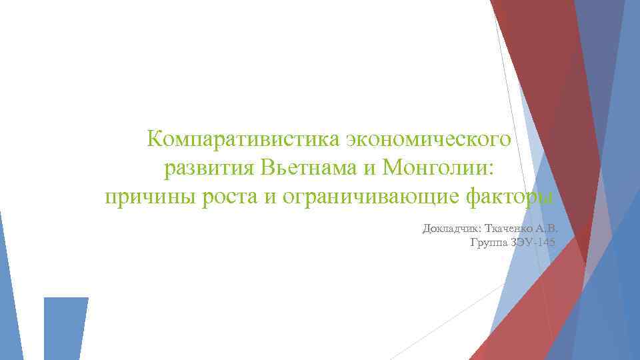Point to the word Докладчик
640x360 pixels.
click(454, 229)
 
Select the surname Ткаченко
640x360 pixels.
click(516, 229)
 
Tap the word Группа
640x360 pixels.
click(489, 243)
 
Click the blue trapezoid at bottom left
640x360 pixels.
click(65, 327)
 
